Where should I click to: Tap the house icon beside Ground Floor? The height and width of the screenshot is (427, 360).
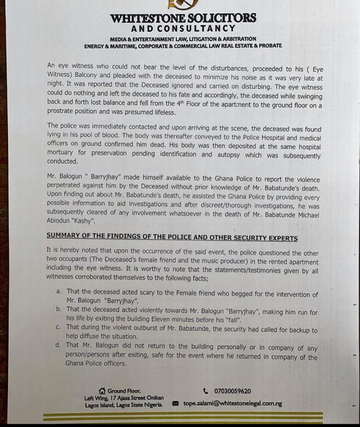click(x=102, y=391)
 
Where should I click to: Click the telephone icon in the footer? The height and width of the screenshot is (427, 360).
click(x=205, y=391)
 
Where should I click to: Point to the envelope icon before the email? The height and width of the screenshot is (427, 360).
click(x=175, y=404)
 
